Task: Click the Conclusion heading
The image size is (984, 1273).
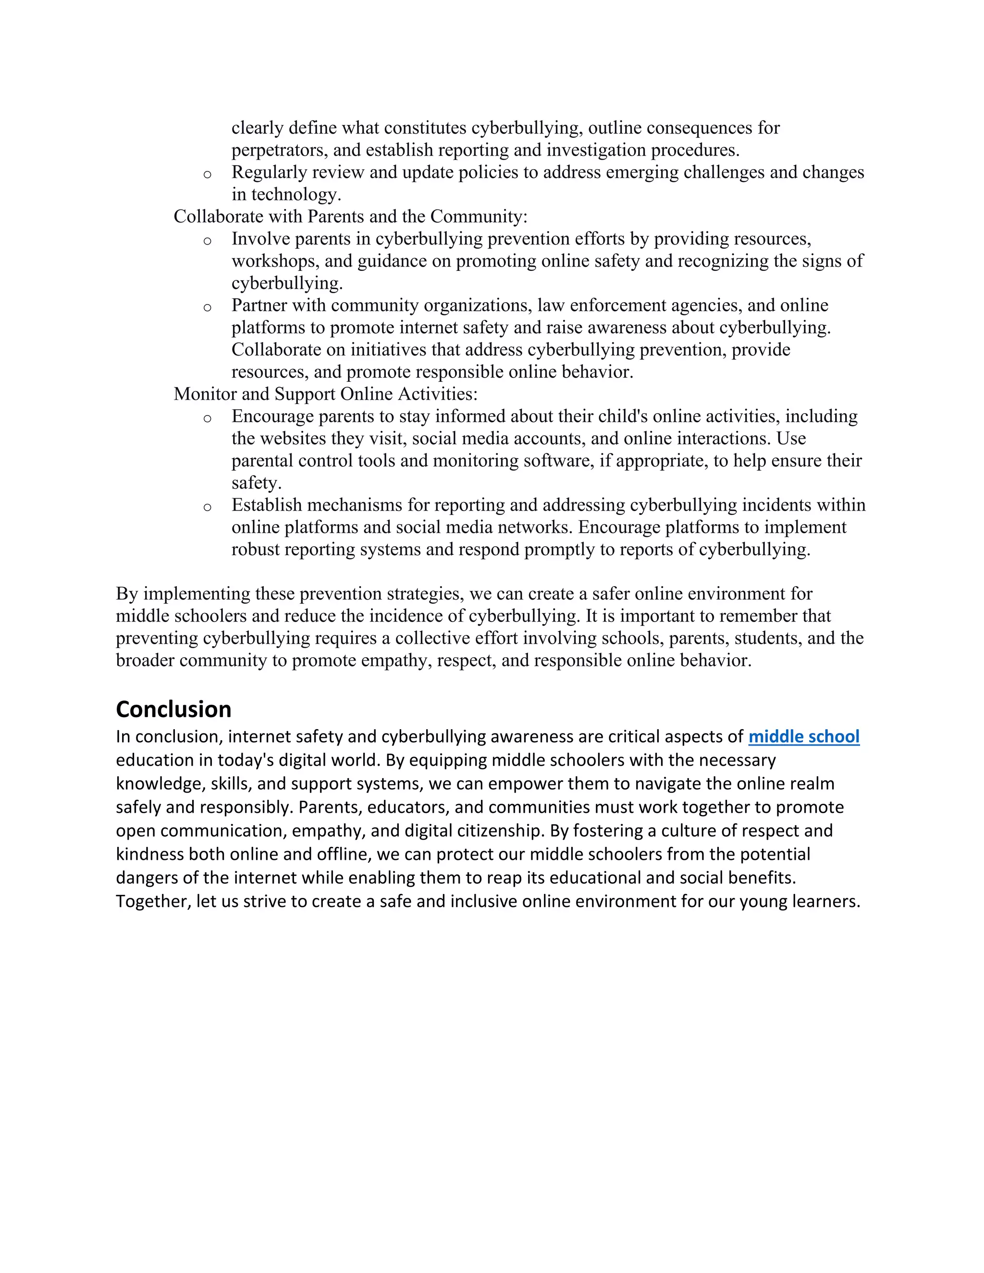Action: [174, 710]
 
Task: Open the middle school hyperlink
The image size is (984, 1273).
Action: [803, 737]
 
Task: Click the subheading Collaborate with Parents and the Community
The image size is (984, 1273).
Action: [350, 216]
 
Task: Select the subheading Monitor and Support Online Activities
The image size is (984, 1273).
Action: [325, 394]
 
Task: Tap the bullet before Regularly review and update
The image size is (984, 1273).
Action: [207, 174]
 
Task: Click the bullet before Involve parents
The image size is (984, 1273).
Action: [207, 241]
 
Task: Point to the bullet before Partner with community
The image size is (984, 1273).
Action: [207, 307]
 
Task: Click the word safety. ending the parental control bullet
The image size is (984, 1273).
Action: [257, 483]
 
